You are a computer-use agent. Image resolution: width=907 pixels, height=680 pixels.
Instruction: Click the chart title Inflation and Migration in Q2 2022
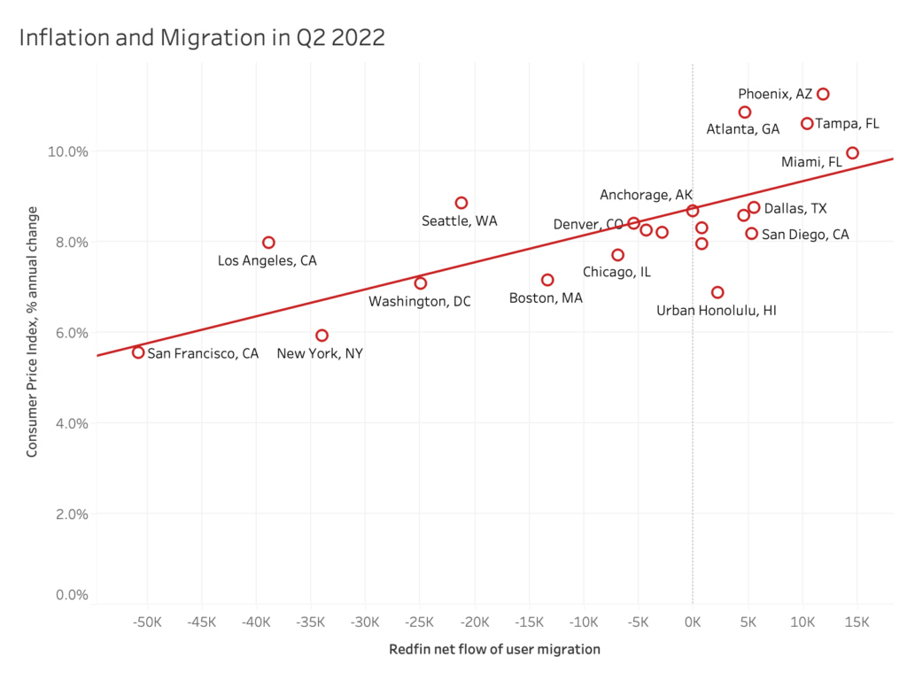click(201, 38)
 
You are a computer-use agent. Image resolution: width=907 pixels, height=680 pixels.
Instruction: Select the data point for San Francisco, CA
click(138, 352)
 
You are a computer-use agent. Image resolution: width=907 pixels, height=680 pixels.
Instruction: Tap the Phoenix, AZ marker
click(823, 94)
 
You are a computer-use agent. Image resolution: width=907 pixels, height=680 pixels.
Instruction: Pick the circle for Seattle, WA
click(461, 203)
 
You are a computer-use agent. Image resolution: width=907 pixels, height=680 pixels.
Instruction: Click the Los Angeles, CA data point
click(268, 243)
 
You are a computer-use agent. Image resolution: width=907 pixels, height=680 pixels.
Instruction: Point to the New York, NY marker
click(322, 336)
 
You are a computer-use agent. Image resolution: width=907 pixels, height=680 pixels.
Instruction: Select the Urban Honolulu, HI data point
click(717, 292)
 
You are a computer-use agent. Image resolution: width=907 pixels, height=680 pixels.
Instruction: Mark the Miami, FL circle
click(852, 153)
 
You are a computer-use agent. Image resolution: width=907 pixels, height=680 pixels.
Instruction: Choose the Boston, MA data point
click(547, 280)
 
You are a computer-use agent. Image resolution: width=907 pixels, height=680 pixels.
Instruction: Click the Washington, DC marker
click(421, 283)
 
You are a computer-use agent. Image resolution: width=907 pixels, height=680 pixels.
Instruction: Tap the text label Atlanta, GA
click(742, 129)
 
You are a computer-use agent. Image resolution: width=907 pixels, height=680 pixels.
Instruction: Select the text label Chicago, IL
click(616, 272)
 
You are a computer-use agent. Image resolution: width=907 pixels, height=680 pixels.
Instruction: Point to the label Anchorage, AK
click(647, 195)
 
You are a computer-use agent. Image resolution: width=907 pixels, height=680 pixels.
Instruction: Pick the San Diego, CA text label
click(805, 235)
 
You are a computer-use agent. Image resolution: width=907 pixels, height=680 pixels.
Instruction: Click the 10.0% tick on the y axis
click(67, 151)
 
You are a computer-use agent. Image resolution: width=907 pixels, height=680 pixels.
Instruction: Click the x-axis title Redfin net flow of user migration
click(494, 649)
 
